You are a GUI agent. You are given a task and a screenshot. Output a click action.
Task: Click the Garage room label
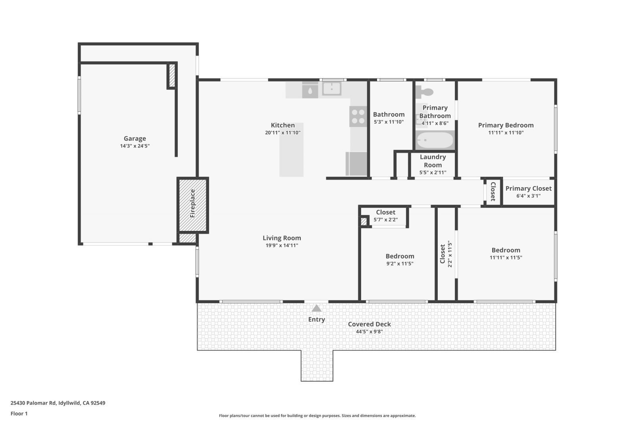(x=135, y=138)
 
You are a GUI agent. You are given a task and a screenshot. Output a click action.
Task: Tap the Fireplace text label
(x=192, y=203)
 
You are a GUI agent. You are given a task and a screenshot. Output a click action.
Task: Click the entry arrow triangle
(x=316, y=308)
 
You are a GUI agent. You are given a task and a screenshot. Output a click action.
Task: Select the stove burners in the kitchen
(x=358, y=116)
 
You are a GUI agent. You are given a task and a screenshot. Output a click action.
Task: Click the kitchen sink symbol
(x=331, y=89)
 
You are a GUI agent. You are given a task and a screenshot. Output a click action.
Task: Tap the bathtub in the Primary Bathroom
(x=435, y=140)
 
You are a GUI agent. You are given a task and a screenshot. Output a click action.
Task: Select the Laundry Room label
(x=433, y=161)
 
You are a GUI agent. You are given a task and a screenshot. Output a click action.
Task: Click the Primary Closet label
(x=528, y=188)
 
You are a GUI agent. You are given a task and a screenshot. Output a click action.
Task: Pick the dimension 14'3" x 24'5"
(x=135, y=146)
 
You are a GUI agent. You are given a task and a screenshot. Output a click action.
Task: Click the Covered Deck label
(x=369, y=324)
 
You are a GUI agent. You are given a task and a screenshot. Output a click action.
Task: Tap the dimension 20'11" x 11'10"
(x=283, y=133)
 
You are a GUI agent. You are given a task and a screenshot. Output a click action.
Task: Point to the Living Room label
(x=282, y=238)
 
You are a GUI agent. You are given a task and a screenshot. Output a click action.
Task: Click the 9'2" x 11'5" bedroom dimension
(x=400, y=263)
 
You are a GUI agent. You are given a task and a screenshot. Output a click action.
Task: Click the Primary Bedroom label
(x=506, y=125)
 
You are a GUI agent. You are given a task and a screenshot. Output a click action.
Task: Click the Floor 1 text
(x=19, y=413)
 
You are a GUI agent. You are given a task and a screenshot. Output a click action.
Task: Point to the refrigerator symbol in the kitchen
(x=356, y=163)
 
